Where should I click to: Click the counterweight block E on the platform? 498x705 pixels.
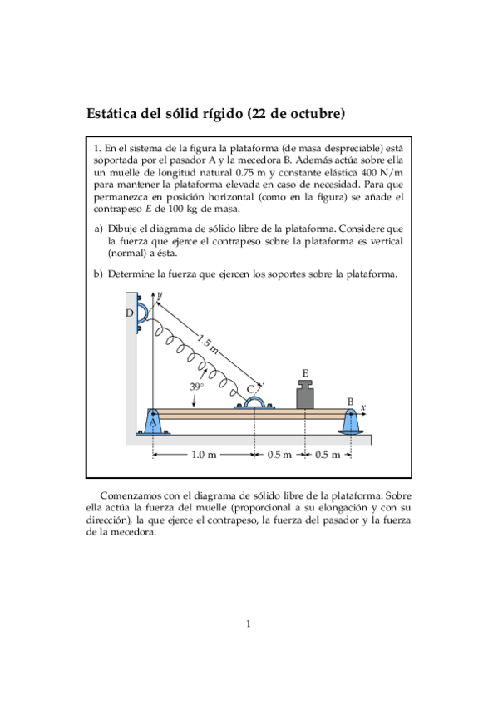pos(306,395)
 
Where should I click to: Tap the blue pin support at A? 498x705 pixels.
pos(153,422)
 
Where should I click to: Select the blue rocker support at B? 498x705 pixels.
pos(351,422)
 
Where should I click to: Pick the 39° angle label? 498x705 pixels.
pos(197,387)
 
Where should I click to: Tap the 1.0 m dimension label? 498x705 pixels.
pos(204,455)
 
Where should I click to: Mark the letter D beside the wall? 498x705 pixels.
pos(129,313)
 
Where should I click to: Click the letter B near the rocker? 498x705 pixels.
pos(350,402)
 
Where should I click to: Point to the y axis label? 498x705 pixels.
pos(159,295)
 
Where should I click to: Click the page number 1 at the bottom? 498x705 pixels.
pos(248,624)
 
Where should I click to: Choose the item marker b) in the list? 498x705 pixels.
pos(98,274)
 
